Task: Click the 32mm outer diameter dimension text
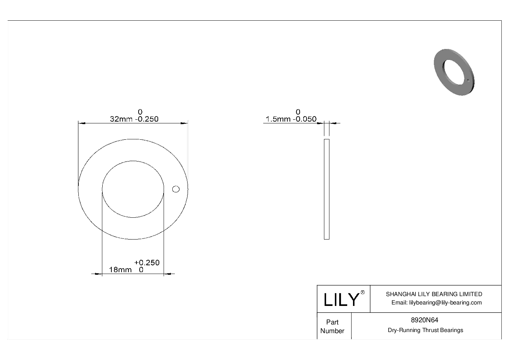coord(122,119)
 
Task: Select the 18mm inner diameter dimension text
coord(120,270)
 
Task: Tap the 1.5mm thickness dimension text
coord(278,119)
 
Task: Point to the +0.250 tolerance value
coord(147,262)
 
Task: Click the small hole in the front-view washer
coord(176,189)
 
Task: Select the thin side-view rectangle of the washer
coord(327,189)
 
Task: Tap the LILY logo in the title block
coord(341,299)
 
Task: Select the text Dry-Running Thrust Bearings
coord(425,330)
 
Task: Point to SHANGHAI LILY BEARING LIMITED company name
coord(434,294)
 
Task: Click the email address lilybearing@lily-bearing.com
coord(436,303)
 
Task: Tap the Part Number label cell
coord(332,326)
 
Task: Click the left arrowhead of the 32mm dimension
coord(82,124)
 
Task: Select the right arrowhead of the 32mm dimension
coord(184,124)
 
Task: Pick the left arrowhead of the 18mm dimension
coord(98,274)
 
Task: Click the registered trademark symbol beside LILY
coord(362,292)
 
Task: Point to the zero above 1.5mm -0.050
coord(298,112)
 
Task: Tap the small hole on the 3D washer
coord(468,81)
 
